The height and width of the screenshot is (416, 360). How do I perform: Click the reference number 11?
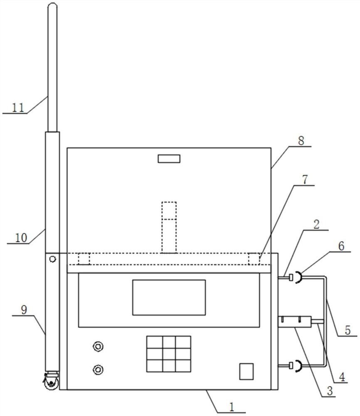[17, 107]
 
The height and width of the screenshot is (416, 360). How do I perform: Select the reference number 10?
[21, 238]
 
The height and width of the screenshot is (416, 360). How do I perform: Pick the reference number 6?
[341, 246]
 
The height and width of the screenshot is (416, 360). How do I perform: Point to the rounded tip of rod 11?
[52, 7]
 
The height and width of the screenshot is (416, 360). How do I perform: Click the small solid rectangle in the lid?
[169, 158]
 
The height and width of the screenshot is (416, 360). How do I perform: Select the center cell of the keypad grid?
[168, 354]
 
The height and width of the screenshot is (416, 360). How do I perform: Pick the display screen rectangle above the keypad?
[169, 297]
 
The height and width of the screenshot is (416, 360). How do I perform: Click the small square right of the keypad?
[246, 371]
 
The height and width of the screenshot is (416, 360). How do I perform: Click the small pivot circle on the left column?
[52, 259]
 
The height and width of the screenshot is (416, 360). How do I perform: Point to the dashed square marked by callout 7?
[254, 259]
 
